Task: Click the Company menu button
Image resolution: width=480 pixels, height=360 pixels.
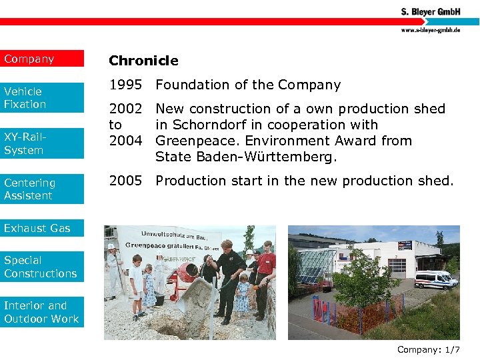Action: click(x=42, y=59)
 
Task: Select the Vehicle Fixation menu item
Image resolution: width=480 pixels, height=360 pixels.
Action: click(x=42, y=97)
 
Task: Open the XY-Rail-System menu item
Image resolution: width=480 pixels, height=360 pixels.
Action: click(x=42, y=143)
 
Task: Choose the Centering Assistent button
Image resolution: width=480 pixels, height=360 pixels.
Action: click(x=42, y=189)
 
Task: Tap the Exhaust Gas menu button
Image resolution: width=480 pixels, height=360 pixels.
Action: click(x=42, y=228)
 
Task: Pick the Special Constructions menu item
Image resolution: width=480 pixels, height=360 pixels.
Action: click(x=42, y=267)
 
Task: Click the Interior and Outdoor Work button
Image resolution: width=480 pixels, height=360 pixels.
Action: click(x=42, y=312)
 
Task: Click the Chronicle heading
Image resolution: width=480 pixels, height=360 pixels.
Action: click(x=143, y=61)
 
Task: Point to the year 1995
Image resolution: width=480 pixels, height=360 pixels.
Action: click(x=125, y=85)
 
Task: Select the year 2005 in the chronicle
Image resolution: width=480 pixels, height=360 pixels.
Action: click(x=125, y=181)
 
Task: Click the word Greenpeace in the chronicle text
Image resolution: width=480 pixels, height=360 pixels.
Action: click(x=193, y=141)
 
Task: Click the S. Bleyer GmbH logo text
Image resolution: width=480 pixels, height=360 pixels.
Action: click(x=435, y=12)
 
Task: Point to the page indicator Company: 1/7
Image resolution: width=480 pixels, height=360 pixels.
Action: click(x=428, y=349)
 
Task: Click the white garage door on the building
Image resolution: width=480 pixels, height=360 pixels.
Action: click(x=397, y=267)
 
